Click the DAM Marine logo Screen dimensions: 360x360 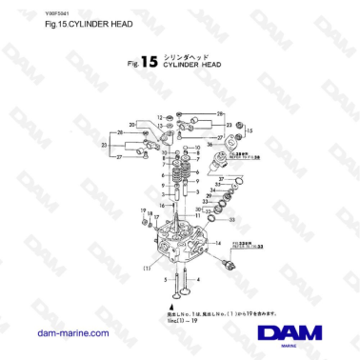[290, 333]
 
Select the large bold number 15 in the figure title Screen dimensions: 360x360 [148, 65]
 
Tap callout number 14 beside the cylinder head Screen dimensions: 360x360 [218, 243]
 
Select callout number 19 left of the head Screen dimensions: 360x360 [143, 210]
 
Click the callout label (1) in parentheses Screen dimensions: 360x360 [147, 268]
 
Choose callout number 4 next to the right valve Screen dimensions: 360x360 [197, 277]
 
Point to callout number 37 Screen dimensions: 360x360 [221, 180]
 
